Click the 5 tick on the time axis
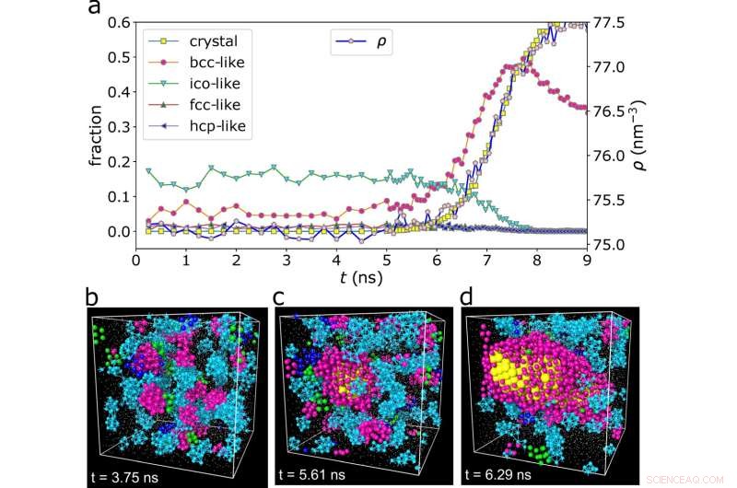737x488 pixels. coord(387,261)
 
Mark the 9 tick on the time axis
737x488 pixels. coord(587,261)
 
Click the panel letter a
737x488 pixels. coord(93,9)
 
